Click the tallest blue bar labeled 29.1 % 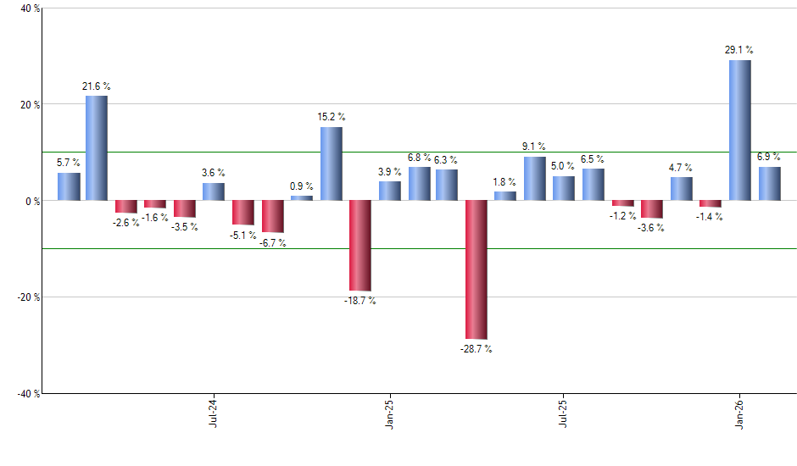click(x=739, y=130)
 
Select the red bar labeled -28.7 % click(x=477, y=269)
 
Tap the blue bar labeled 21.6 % click(x=97, y=148)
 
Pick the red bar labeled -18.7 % click(x=360, y=246)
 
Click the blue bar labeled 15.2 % click(x=331, y=164)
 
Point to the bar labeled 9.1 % click(x=535, y=179)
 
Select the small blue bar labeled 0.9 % click(x=302, y=198)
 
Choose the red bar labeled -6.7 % click(x=272, y=216)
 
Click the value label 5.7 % click(x=68, y=163)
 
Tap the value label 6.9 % click(x=769, y=158)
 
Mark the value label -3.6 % click(x=651, y=228)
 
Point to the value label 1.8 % click(x=505, y=181)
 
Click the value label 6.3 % click(x=446, y=159)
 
